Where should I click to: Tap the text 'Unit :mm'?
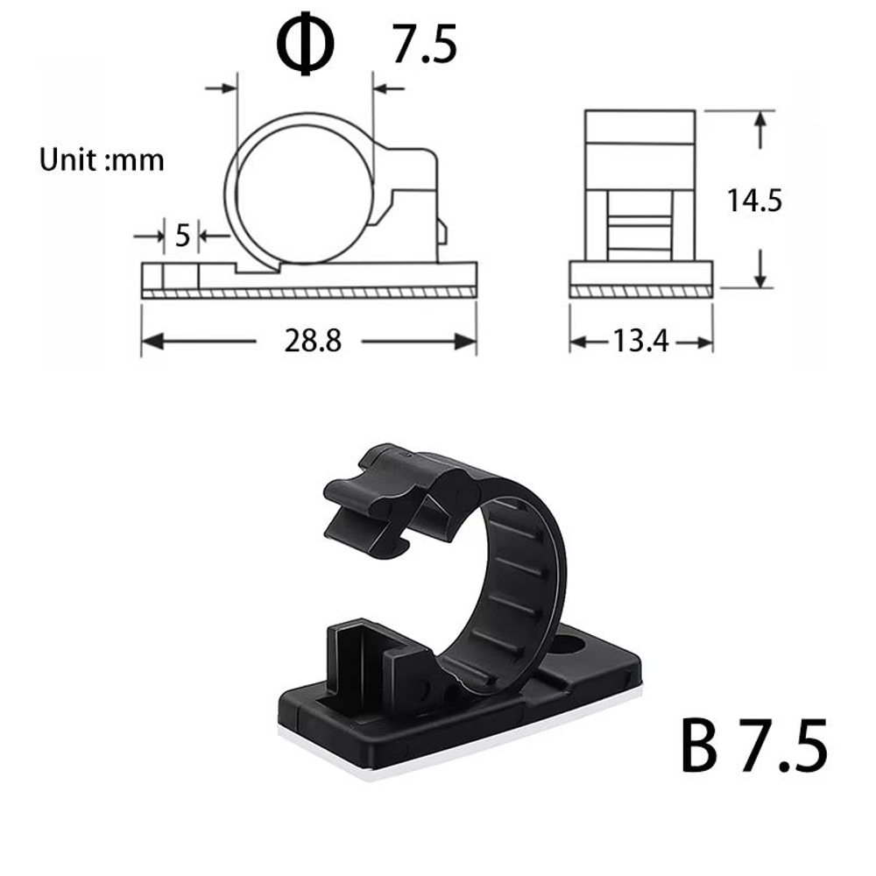coord(102,160)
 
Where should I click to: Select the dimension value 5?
coord(182,236)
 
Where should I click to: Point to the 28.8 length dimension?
coord(311,342)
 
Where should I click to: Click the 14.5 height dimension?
coord(753,201)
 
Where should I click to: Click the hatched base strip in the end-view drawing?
coord(640,292)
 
